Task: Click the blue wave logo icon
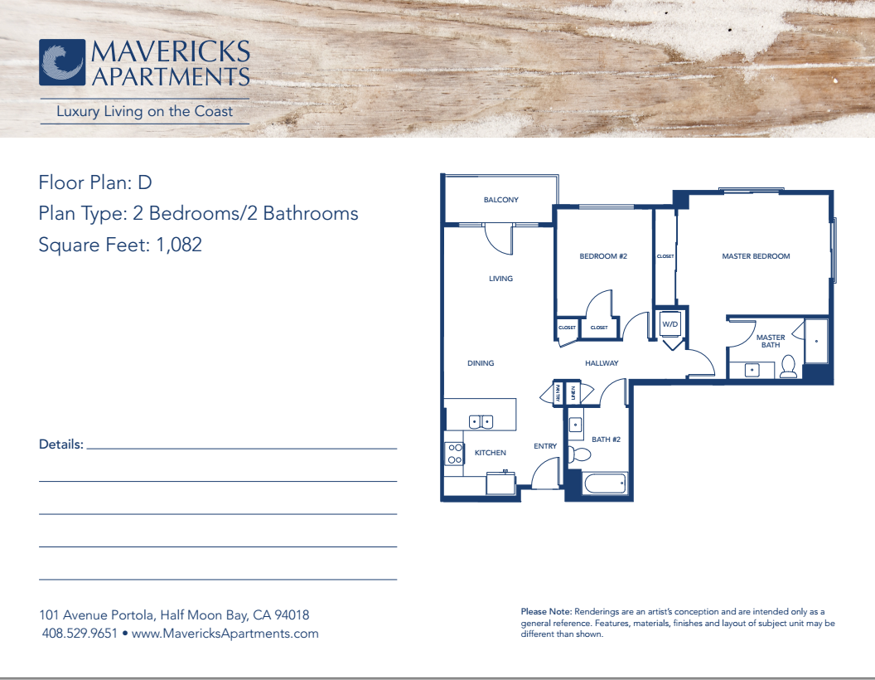point(62,62)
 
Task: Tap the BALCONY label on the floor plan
point(500,199)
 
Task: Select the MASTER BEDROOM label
point(756,256)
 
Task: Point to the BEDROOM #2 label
point(602,256)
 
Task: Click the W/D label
point(670,323)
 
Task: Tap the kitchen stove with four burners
point(455,454)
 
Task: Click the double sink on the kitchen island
point(481,421)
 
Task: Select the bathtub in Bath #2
point(605,483)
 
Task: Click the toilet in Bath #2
point(580,454)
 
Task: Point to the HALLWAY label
point(602,363)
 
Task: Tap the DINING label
point(481,363)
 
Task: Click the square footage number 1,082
point(179,245)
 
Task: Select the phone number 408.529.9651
point(80,634)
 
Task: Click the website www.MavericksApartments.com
point(225,634)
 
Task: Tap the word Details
point(60,444)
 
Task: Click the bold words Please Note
point(546,611)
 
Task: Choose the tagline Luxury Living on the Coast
point(144,111)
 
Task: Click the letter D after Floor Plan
point(144,182)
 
